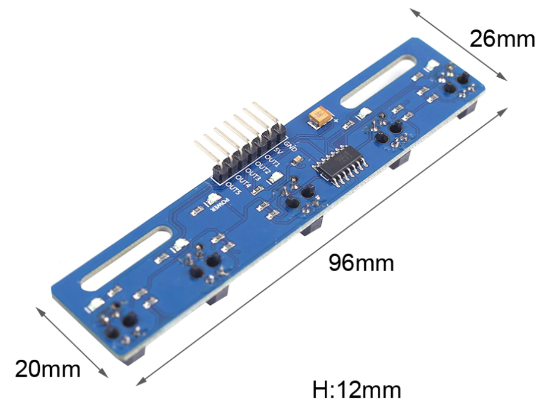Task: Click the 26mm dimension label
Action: coord(502,39)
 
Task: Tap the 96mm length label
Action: coord(361,263)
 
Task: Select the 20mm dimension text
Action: coord(48,368)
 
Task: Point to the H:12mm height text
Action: coord(357,389)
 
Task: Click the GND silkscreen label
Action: coord(290,145)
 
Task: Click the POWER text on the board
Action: coord(221,206)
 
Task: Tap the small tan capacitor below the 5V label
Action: coord(297,160)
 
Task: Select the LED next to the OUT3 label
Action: coord(275,178)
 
